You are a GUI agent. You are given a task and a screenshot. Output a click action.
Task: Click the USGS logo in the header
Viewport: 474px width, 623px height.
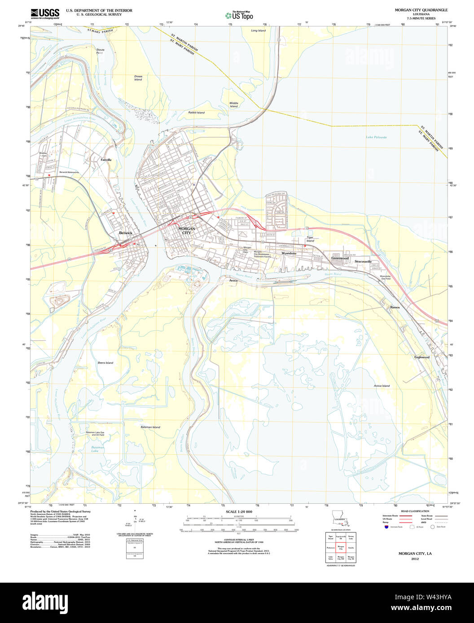(x=45, y=13)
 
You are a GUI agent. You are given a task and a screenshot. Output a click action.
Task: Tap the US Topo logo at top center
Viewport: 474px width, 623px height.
(x=240, y=15)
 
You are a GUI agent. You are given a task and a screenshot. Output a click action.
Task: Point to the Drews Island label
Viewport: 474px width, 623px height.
(x=138, y=78)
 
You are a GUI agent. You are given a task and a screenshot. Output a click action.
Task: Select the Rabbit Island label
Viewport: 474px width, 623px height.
(x=196, y=112)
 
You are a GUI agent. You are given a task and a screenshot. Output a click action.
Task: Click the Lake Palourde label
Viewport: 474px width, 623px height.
(x=376, y=137)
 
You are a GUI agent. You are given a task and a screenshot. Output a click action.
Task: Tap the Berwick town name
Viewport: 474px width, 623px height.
(x=126, y=233)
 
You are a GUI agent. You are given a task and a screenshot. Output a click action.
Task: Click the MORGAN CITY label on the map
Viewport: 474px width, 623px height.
(x=187, y=230)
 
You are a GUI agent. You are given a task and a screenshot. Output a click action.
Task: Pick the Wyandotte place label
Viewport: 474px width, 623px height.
(x=289, y=254)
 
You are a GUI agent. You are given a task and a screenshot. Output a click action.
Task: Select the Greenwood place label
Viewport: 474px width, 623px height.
(x=340, y=258)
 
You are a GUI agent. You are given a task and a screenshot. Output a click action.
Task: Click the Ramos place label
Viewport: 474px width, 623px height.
(x=395, y=307)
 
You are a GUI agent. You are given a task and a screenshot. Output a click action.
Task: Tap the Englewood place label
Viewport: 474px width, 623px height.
(x=421, y=357)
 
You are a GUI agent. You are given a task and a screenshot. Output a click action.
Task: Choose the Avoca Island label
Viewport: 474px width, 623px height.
(x=382, y=385)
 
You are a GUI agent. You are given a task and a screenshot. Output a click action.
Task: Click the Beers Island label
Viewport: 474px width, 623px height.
(x=105, y=363)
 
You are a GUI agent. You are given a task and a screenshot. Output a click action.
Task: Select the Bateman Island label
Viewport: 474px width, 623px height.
(x=150, y=427)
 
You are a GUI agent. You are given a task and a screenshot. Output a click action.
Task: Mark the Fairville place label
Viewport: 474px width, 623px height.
(x=106, y=160)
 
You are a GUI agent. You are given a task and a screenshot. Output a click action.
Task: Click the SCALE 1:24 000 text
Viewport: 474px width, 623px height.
(x=239, y=512)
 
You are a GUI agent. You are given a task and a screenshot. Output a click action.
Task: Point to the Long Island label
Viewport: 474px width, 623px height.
(x=258, y=30)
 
